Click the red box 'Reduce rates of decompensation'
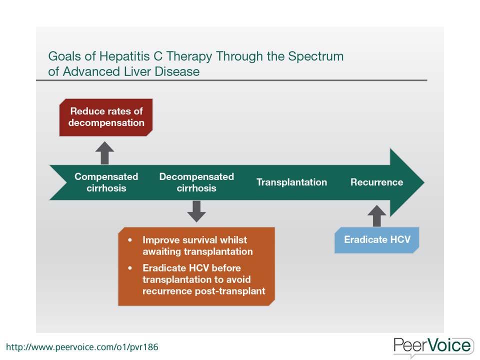coord(106,117)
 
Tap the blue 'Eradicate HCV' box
coord(377,240)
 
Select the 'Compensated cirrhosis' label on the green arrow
coord(106,182)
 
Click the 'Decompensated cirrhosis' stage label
coord(196,182)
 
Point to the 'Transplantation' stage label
coord(291,182)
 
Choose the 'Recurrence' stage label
coord(377,182)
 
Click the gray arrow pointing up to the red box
coord(104,153)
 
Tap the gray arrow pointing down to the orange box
coord(196,211)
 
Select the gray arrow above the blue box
coord(377,216)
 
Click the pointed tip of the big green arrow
coord(424,182)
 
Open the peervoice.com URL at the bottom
coord(82,347)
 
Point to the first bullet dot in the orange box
coord(130,240)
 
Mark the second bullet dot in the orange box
coord(130,268)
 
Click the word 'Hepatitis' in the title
coord(125,56)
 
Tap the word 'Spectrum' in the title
coord(316,57)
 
